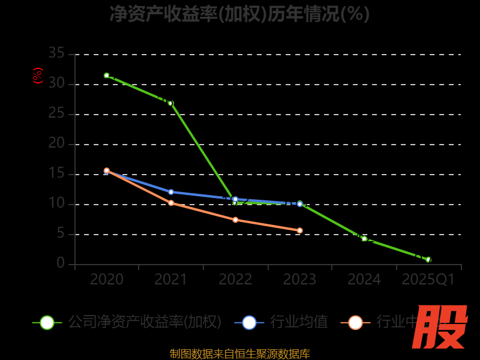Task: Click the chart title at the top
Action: [239, 14]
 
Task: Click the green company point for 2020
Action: [107, 76]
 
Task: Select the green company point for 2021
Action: [170, 103]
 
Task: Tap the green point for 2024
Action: [364, 239]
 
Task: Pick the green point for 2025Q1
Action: [428, 260]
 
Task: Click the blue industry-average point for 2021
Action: [171, 192]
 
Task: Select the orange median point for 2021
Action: [171, 203]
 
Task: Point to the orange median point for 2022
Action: [235, 220]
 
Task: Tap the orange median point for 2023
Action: [300, 230]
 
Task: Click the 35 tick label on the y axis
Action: [56, 53]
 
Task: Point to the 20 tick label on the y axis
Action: [56, 143]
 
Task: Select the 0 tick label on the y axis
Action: [61, 263]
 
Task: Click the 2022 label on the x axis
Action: [235, 280]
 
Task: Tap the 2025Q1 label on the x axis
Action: [428, 280]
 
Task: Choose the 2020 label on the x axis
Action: [107, 280]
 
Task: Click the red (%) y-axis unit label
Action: [37, 76]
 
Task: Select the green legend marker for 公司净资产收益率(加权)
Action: [47, 322]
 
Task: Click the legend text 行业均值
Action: [299, 322]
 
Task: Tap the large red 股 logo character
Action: [440, 327]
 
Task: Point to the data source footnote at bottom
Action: [239, 353]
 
